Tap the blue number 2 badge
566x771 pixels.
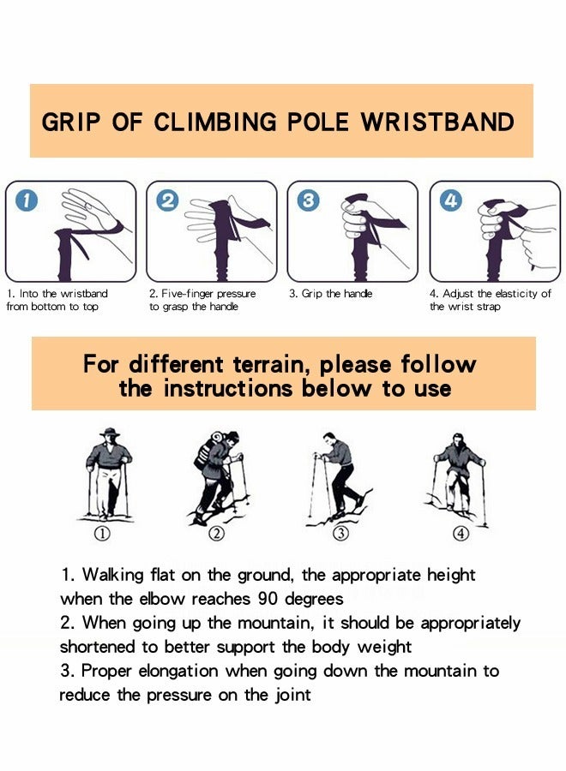pyautogui.click(x=167, y=201)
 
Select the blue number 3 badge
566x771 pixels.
pyautogui.click(x=307, y=201)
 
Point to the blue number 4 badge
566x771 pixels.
pyautogui.click(x=450, y=201)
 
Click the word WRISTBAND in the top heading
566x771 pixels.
pyautogui.click(x=437, y=122)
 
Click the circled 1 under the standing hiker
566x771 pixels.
pyautogui.click(x=102, y=535)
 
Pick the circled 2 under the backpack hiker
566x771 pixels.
pyautogui.click(x=217, y=535)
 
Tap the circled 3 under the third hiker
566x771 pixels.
pyautogui.click(x=340, y=535)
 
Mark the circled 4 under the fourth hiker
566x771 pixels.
pyautogui.click(x=461, y=535)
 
